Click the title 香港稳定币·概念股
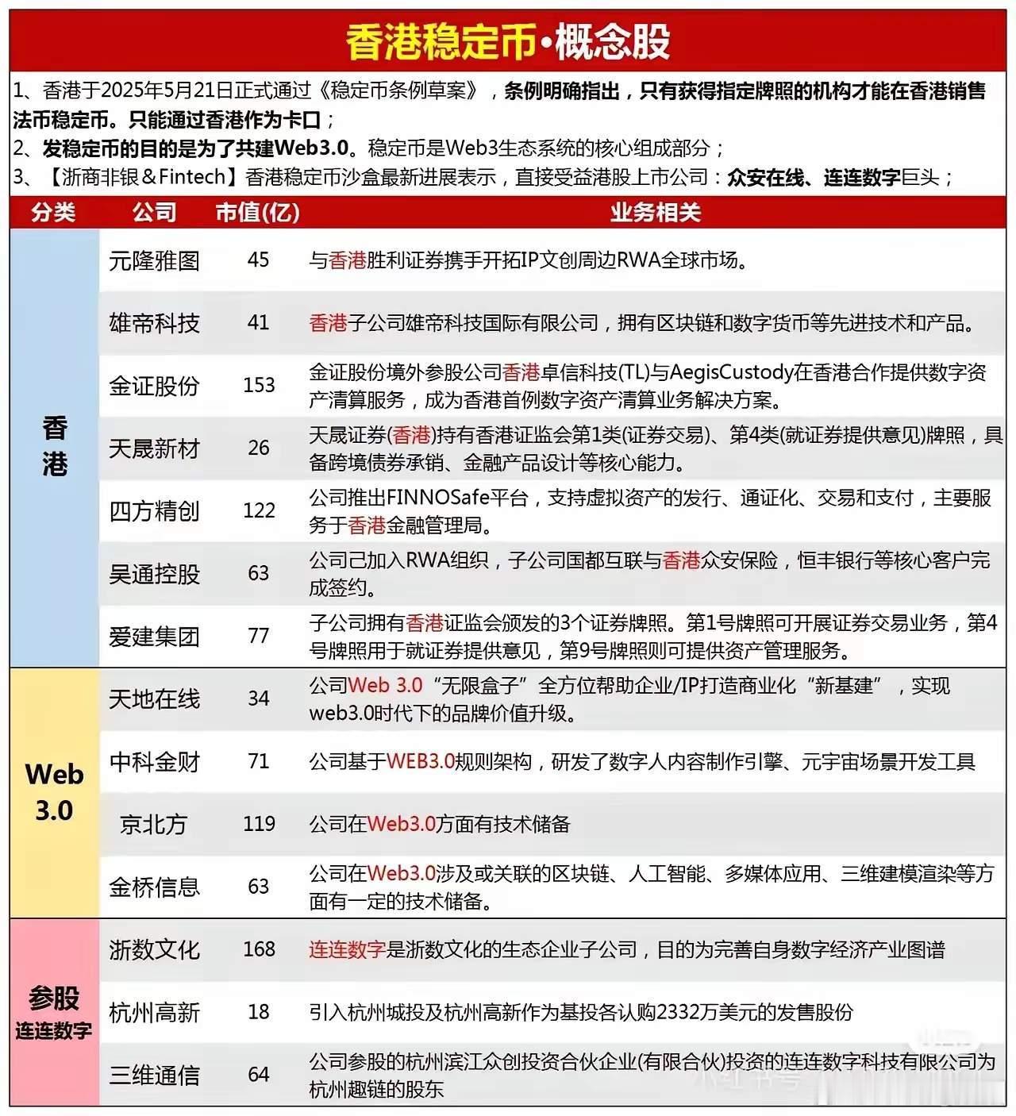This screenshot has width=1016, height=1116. pyautogui.click(x=508, y=41)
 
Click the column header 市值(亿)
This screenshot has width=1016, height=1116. pyautogui.click(x=258, y=212)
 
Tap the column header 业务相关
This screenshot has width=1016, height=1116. pyautogui.click(x=656, y=212)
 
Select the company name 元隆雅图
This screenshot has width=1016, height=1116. pyautogui.click(x=154, y=260)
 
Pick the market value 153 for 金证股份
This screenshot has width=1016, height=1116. pyautogui.click(x=259, y=385)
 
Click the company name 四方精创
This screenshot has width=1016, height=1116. pyautogui.click(x=154, y=511)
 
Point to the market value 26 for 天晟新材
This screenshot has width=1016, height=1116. pyautogui.click(x=259, y=448)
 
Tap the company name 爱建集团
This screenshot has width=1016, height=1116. pyautogui.click(x=154, y=637)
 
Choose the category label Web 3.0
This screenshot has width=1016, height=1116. pyautogui.click(x=54, y=792)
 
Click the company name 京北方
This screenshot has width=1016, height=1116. pyautogui.click(x=154, y=824)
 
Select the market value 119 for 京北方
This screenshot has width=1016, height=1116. pyautogui.click(x=259, y=824)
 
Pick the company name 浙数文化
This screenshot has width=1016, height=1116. pyautogui.click(x=154, y=950)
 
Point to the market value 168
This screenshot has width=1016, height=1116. pyautogui.click(x=259, y=949)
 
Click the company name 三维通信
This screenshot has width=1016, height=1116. pyautogui.click(x=154, y=1076)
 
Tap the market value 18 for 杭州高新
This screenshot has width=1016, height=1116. pyautogui.click(x=259, y=1012)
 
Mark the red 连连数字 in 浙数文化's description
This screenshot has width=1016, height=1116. pyautogui.click(x=347, y=950)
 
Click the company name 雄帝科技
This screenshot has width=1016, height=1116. pyautogui.click(x=154, y=323)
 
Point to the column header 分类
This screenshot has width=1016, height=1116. pyautogui.click(x=54, y=212)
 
